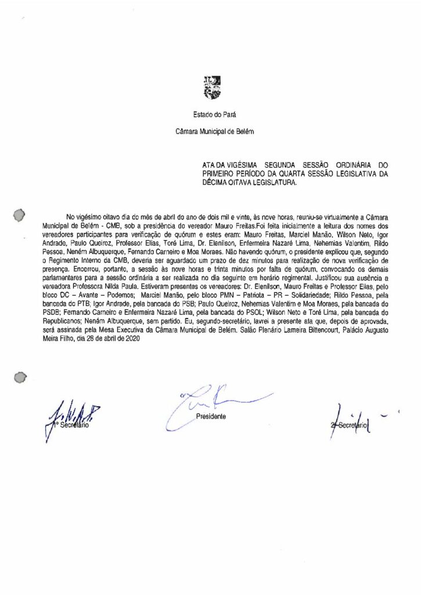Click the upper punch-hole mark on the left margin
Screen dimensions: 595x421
tap(19, 215)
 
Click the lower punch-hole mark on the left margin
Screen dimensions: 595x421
tap(19, 378)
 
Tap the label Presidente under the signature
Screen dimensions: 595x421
tap(210, 417)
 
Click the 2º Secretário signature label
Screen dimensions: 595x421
tap(348, 425)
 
